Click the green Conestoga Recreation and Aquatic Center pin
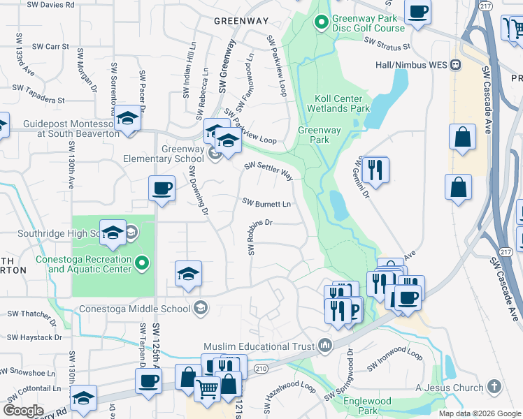pos(142,263)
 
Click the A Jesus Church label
pos(449,388)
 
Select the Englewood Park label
pos(367,406)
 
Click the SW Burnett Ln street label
pos(266,203)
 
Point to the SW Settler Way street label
pos(268,171)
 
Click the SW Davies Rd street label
pos(50,4)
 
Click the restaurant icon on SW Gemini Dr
pos(375,168)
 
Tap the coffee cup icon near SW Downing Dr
pos(162,188)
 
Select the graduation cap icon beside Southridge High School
pos(112,233)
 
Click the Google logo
pos(24,411)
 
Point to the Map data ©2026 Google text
pos(480,413)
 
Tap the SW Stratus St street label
pos(387,45)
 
